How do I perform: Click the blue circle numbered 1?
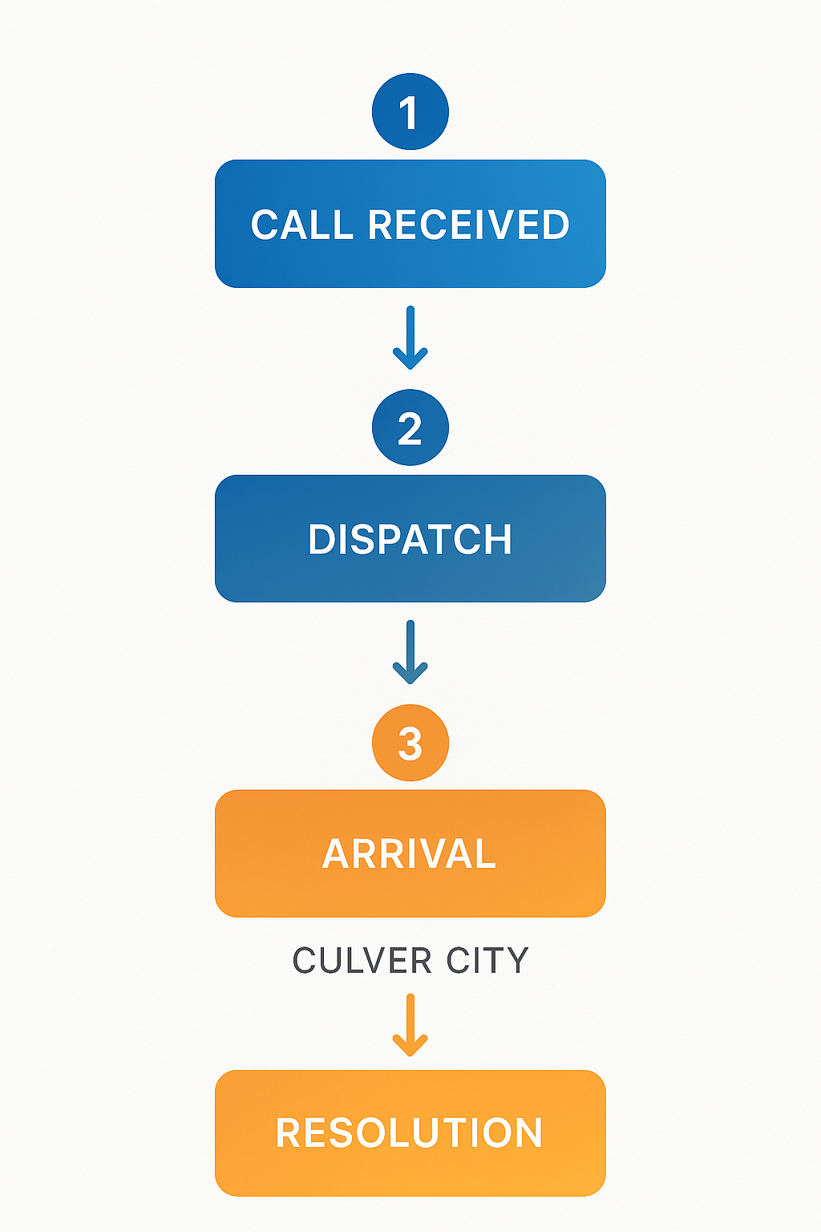tap(410, 111)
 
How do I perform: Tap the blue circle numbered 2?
tap(410, 428)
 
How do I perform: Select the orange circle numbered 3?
tap(410, 743)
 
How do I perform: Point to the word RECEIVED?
tap(468, 225)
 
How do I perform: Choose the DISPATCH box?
tap(410, 538)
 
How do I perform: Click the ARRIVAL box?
tap(410, 853)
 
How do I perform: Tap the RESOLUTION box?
tap(410, 1133)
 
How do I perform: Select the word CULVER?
tap(362, 961)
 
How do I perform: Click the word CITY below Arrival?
tap(487, 961)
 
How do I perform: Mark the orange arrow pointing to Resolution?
tap(410, 1025)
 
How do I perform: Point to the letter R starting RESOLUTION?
tap(289, 1133)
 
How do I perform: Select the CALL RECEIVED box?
tap(410, 224)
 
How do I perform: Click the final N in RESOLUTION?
tap(528, 1133)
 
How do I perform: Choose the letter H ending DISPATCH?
tap(497, 540)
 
